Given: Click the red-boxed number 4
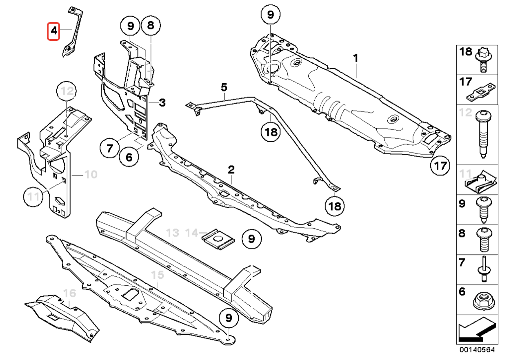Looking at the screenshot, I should coord(53,31).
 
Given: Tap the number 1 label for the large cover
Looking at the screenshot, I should coord(355,58).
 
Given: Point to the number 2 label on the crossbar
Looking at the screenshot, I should coord(231,169).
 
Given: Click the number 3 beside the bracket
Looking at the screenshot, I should coord(162,102).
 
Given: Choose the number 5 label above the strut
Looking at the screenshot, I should coord(224,87).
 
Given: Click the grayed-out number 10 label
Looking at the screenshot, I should coord(91,175).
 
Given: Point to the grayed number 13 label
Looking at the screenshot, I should coord(173,233).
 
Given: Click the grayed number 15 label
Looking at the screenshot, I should coord(157,276).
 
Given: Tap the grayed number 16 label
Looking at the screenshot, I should coord(70,293).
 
